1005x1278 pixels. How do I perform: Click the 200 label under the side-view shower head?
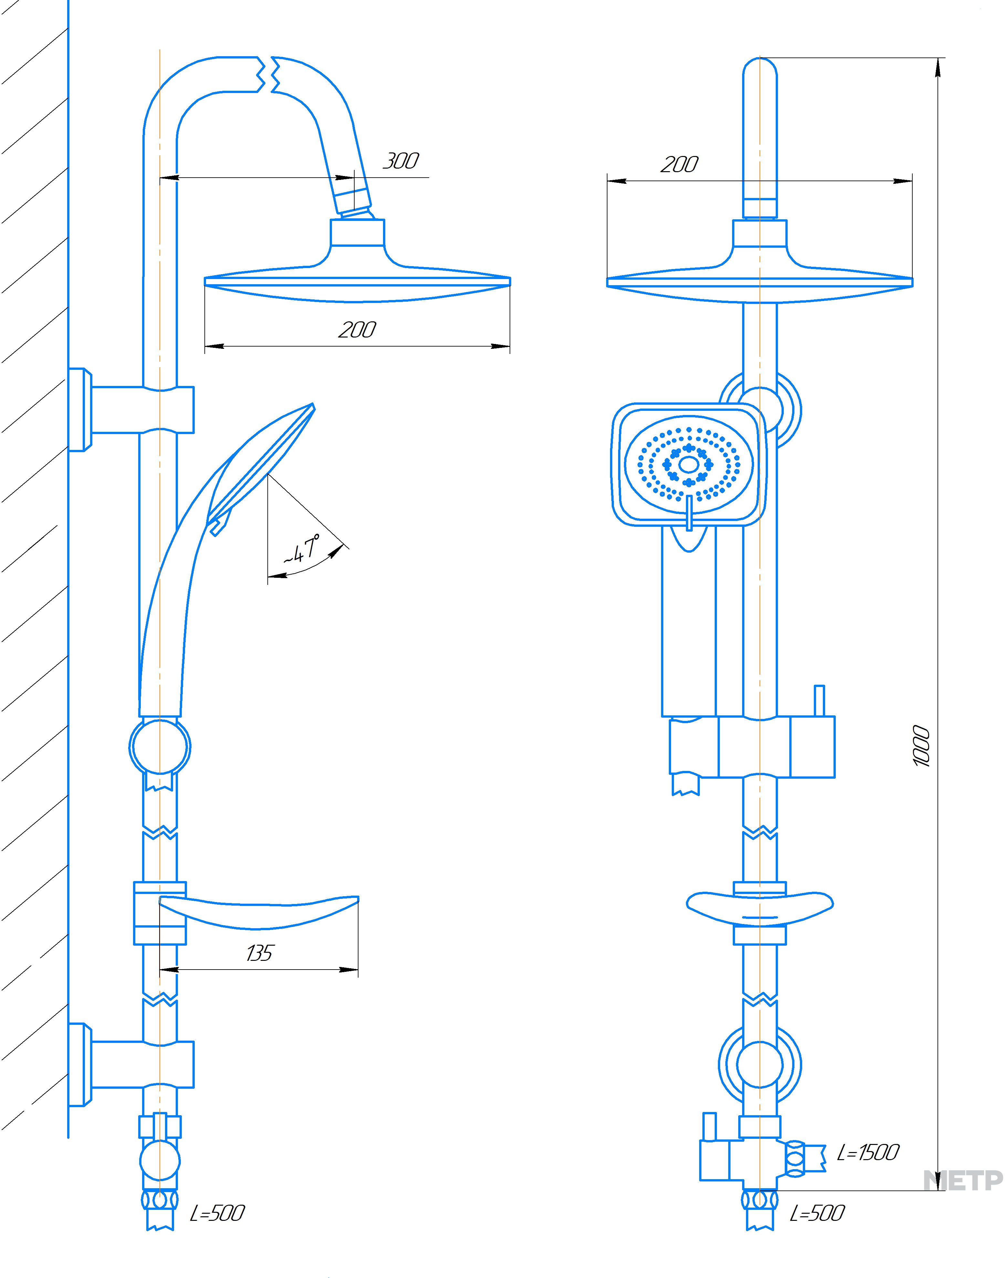coord(357,330)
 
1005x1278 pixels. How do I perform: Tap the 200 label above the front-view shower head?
coord(679,165)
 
